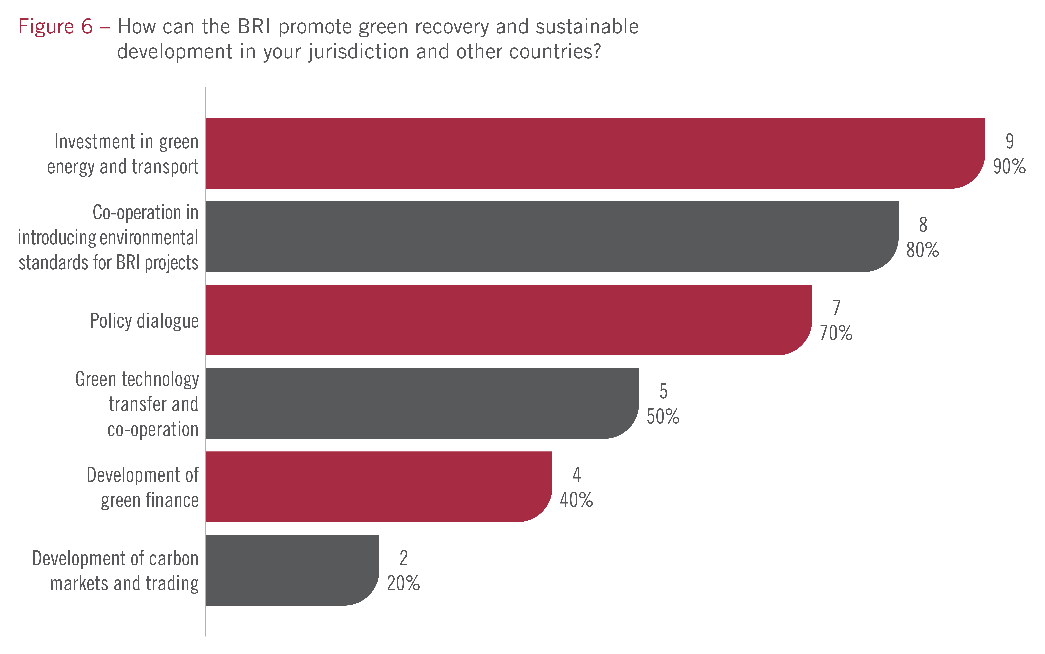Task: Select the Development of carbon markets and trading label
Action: [x=116, y=571]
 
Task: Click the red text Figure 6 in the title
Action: [x=55, y=27]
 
